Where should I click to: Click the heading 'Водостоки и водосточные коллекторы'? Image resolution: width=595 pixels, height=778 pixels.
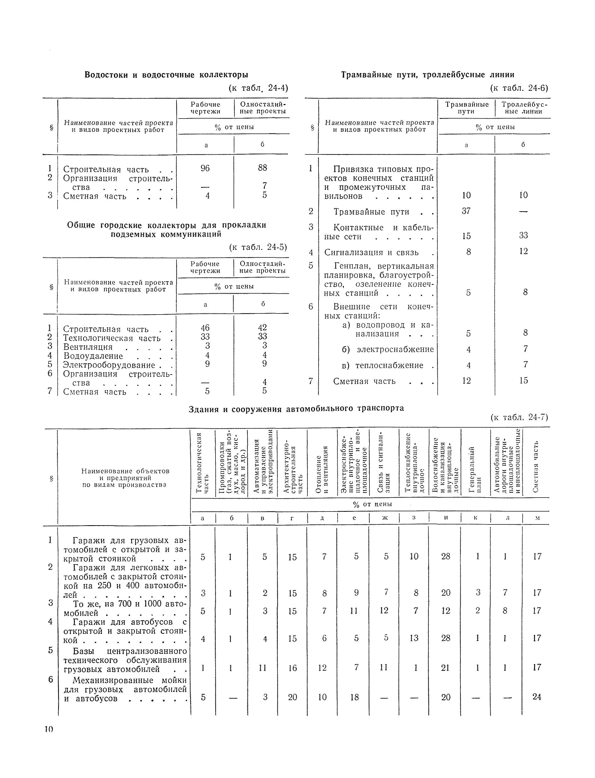(x=166, y=75)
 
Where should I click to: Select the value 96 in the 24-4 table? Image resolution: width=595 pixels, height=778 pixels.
(x=205, y=168)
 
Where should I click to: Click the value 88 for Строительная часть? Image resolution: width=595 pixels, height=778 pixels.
(x=262, y=168)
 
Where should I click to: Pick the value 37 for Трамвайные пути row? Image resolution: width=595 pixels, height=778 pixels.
(x=466, y=211)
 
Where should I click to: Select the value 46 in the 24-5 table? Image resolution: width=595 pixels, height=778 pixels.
(x=205, y=327)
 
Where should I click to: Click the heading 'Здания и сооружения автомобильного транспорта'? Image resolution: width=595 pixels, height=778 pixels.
(x=296, y=409)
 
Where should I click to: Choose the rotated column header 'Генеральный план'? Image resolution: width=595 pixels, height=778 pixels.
(x=475, y=469)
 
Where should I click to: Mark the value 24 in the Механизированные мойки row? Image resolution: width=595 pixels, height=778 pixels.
(x=537, y=697)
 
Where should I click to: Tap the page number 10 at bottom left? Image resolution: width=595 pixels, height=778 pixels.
(x=49, y=729)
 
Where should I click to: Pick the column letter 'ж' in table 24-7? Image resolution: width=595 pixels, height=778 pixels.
(x=385, y=517)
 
